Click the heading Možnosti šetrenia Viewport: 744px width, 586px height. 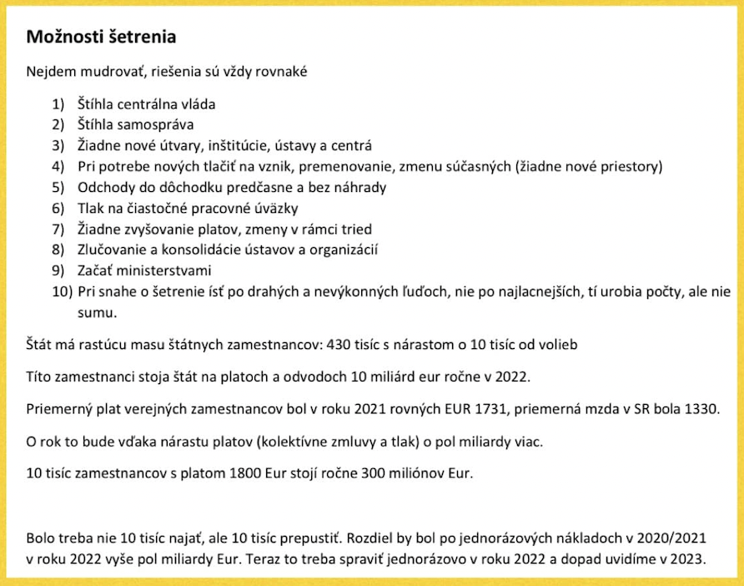(x=101, y=38)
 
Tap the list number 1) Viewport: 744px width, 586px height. (x=58, y=104)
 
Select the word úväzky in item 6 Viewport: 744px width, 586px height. (x=272, y=208)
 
